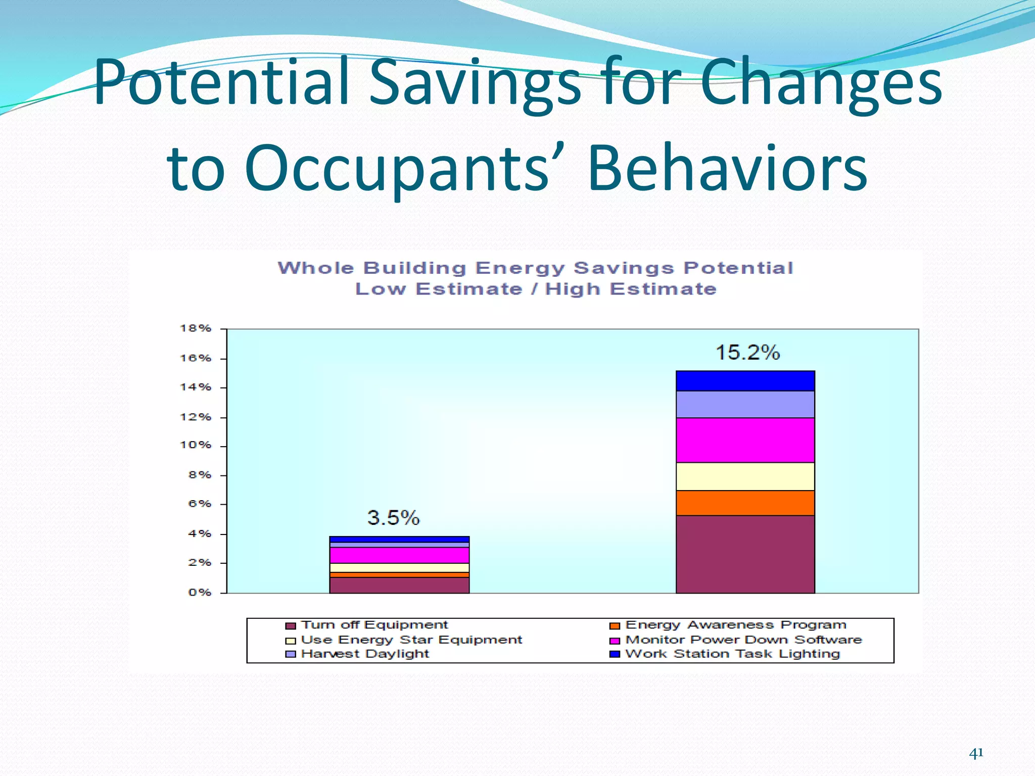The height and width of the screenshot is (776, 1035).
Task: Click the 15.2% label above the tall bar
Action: tap(747, 353)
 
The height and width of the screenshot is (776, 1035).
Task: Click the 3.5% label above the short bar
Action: tap(393, 518)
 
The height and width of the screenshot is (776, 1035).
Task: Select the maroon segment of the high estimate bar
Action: tap(745, 554)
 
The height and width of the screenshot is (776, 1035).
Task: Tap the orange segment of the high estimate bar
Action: tap(745, 503)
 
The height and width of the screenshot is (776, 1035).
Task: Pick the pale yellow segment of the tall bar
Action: tap(745, 476)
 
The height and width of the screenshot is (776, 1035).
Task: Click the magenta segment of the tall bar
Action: tap(745, 440)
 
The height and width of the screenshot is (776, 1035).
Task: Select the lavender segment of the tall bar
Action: tap(745, 404)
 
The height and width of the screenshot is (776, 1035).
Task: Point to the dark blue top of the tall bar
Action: tap(745, 381)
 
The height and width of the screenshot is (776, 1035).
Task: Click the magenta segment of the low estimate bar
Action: tap(399, 555)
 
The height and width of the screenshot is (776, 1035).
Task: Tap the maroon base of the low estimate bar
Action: tap(399, 585)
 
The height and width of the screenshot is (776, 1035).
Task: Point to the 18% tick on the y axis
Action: tap(196, 328)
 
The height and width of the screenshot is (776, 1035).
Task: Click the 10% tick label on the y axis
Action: tap(196, 445)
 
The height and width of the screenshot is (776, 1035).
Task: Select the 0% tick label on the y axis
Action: tap(200, 592)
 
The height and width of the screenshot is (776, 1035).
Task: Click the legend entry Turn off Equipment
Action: tap(374, 625)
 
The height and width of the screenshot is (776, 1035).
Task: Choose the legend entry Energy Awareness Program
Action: tap(735, 625)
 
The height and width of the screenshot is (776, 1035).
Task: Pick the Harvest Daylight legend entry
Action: tap(364, 654)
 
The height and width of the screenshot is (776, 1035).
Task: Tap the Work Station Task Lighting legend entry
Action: tap(732, 654)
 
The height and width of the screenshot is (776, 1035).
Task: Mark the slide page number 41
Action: tap(976, 753)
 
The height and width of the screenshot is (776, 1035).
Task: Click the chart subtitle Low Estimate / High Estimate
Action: tap(536, 289)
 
